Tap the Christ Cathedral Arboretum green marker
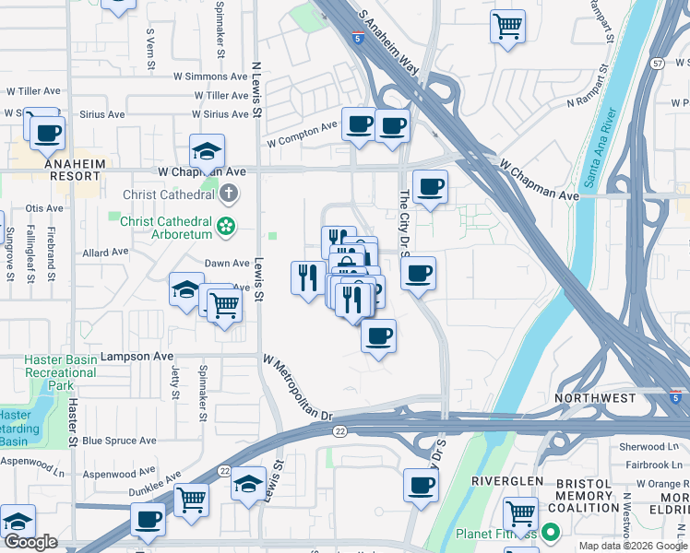coord(225,225)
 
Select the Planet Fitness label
coord(496,533)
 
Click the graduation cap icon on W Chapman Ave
coord(208,149)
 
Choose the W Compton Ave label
coord(303,135)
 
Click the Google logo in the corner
coord(30,542)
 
